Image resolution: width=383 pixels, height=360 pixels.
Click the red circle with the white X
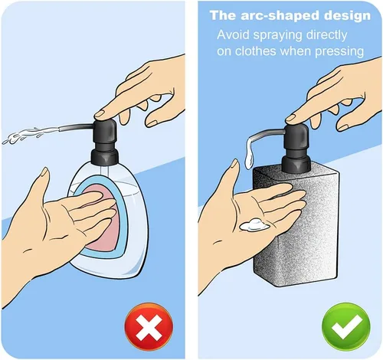click(x=149, y=327)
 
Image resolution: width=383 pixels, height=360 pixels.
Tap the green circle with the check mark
click(x=346, y=327)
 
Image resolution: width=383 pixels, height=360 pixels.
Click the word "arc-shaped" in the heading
click(x=280, y=16)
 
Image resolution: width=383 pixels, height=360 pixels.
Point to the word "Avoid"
click(x=233, y=34)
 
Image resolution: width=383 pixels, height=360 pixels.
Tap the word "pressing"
click(x=339, y=52)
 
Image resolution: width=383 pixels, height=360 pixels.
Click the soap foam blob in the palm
click(x=254, y=225)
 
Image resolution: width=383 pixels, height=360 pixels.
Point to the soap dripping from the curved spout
click(x=249, y=155)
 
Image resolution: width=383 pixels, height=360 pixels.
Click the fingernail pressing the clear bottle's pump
click(x=99, y=114)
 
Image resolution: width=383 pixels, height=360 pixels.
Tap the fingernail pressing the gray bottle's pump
click(x=290, y=118)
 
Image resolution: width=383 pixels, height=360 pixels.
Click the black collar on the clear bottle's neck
click(x=105, y=156)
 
